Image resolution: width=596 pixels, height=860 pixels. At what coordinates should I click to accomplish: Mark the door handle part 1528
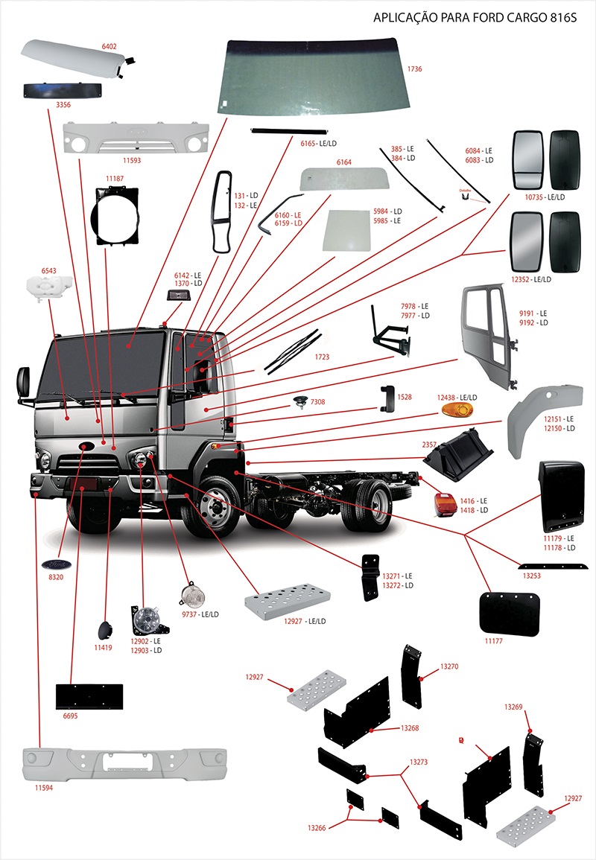point(384,398)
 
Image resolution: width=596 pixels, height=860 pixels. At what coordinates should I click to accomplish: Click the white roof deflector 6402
point(74,58)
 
